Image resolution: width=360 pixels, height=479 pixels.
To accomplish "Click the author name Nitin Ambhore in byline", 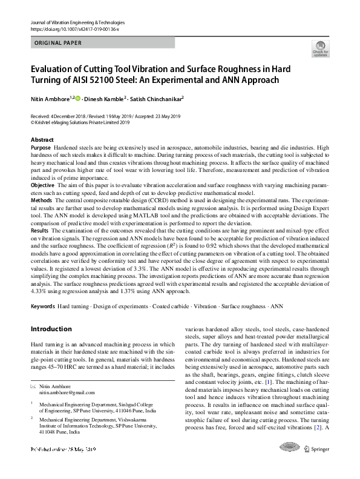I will (x=50, y=97).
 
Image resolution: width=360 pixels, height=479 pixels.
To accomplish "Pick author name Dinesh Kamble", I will (x=104, y=97).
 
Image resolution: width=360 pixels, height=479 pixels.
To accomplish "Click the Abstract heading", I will (x=42, y=140).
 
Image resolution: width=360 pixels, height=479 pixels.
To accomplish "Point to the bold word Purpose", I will (x=41, y=148).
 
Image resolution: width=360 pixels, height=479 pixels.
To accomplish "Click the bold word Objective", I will (x=42, y=184).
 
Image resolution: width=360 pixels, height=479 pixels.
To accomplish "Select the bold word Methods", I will (x=41, y=199).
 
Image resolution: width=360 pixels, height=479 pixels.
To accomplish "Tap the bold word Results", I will (x=39, y=231).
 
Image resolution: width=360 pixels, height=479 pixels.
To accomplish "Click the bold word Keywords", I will (x=42, y=306).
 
